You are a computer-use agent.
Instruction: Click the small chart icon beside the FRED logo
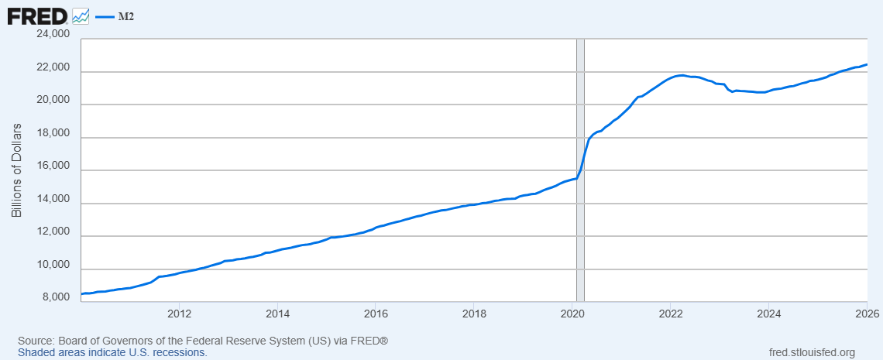81,16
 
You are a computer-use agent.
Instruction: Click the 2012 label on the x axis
179,314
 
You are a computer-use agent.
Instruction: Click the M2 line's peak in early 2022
682,75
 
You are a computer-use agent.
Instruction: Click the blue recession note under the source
112,353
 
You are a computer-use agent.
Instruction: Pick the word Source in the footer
34,341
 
